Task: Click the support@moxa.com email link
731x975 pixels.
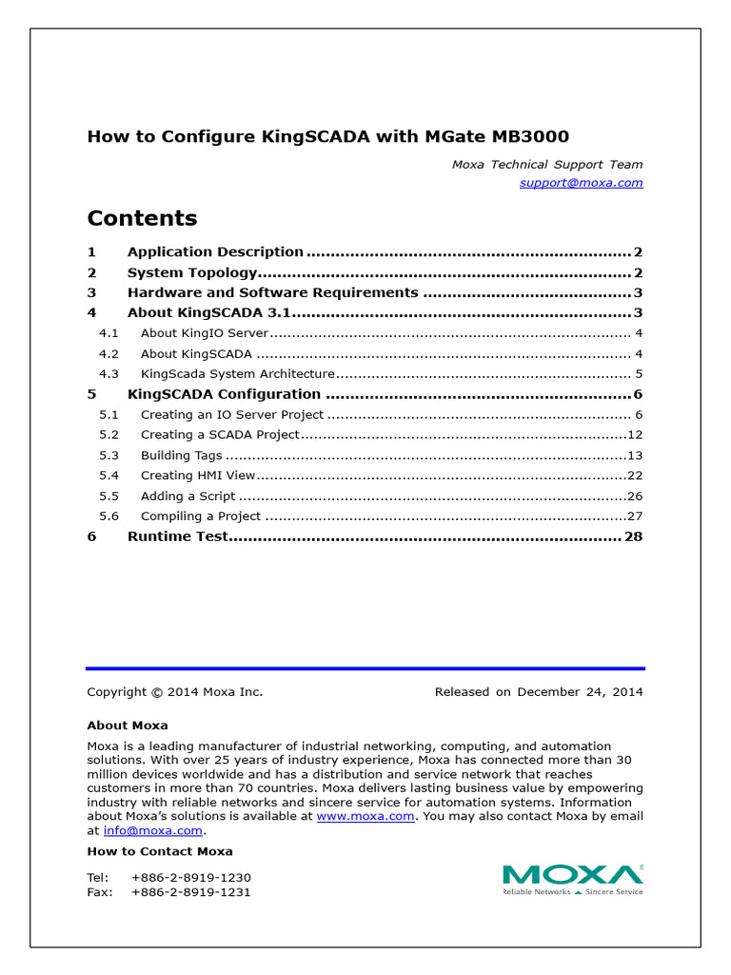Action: (581, 182)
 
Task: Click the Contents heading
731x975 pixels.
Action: (142, 218)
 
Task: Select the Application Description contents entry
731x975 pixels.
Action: (215, 252)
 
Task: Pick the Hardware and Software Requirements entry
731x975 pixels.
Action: (272, 292)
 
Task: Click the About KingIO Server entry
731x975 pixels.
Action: (205, 333)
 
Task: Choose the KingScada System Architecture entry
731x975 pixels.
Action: (237, 374)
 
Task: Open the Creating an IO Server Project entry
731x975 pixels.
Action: (232, 415)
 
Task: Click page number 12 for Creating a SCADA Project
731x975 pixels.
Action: (635, 435)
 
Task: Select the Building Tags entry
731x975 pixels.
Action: (181, 456)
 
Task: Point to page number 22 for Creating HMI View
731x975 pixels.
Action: (635, 476)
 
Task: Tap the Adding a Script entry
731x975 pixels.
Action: (188, 496)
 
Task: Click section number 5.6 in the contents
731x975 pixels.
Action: (109, 516)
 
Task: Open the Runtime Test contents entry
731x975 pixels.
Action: (178, 537)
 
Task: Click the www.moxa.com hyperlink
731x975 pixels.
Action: (365, 816)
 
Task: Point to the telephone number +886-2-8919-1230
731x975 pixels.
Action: (190, 877)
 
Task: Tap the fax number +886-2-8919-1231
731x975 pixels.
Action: (190, 892)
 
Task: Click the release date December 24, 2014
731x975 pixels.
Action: (580, 692)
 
